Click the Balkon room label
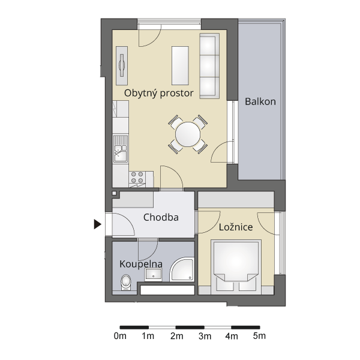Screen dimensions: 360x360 pyautogui.click(x=260, y=101)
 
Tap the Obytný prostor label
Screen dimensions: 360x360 pyautogui.click(x=159, y=93)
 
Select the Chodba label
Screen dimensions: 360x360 pyautogui.click(x=161, y=217)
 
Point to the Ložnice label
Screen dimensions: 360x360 pyautogui.click(x=236, y=227)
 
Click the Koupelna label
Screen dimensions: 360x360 pyautogui.click(x=141, y=264)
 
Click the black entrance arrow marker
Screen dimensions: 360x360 pyautogui.click(x=98, y=224)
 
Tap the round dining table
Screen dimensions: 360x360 pyautogui.click(x=188, y=134)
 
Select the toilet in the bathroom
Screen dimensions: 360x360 pyautogui.click(x=125, y=283)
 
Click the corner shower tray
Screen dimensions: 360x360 pyautogui.click(x=182, y=269)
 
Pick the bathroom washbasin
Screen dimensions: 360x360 pyautogui.click(x=154, y=275)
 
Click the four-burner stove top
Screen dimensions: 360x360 pyautogui.click(x=137, y=178)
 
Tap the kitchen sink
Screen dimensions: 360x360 pyautogui.click(x=121, y=149)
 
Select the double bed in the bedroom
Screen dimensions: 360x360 pyautogui.click(x=236, y=267)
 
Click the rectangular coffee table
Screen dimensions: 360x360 pyautogui.click(x=180, y=65)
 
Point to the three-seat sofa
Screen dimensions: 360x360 pyautogui.click(x=209, y=66)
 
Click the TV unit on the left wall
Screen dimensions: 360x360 pyautogui.click(x=122, y=65)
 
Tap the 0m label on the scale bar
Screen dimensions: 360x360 pyautogui.click(x=120, y=336)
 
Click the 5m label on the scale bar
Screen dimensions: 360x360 pyautogui.click(x=259, y=336)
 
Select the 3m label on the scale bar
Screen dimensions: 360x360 pyautogui.click(x=205, y=337)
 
